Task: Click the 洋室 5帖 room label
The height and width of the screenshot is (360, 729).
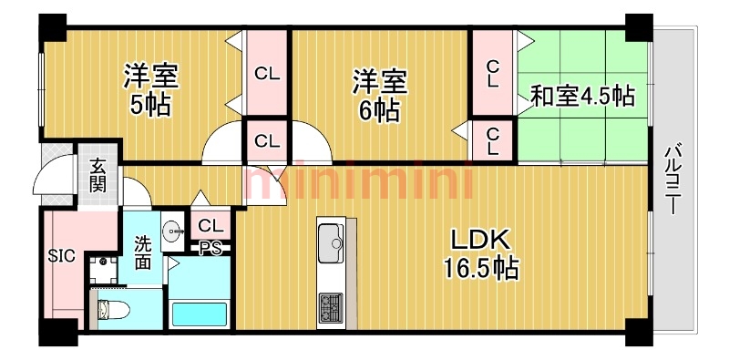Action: click(x=151, y=89)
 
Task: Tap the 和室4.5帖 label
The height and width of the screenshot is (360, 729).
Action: click(x=583, y=95)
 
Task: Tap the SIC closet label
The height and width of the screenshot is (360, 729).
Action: click(x=61, y=256)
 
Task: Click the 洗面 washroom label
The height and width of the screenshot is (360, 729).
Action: click(x=143, y=252)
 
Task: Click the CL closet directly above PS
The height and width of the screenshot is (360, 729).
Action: click(x=210, y=224)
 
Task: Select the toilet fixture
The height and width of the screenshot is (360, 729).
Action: click(x=112, y=310)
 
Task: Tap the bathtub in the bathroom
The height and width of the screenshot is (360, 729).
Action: click(x=199, y=314)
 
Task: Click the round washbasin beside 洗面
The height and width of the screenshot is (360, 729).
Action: click(x=170, y=231)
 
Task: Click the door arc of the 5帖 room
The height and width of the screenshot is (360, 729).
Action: click(x=223, y=146)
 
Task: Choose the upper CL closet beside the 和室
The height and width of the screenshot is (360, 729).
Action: click(x=492, y=72)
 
